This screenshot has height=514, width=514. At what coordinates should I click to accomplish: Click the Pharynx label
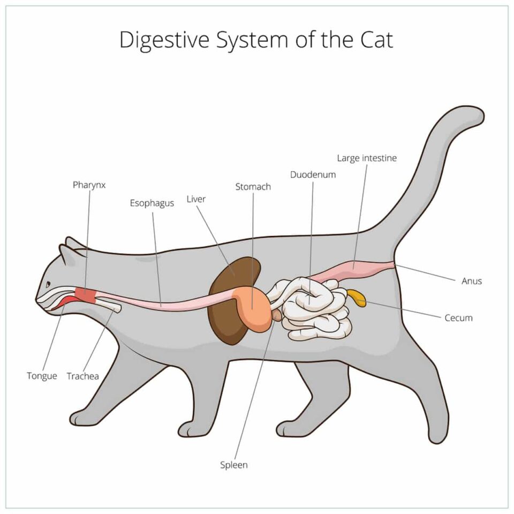pyautogui.click(x=89, y=185)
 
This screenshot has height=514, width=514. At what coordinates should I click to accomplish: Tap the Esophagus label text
pyautogui.click(x=152, y=203)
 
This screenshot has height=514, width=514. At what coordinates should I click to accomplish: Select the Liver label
pyautogui.click(x=196, y=199)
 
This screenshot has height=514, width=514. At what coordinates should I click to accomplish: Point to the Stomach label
pyautogui.click(x=253, y=187)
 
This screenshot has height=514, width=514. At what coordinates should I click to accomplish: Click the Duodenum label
pyautogui.click(x=313, y=175)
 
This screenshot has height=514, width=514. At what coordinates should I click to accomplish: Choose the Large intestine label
pyautogui.click(x=367, y=158)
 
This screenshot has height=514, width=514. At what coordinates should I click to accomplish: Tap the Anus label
pyautogui.click(x=472, y=281)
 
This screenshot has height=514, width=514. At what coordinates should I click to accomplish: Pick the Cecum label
pyautogui.click(x=459, y=318)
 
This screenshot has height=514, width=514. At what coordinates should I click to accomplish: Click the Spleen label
pyautogui.click(x=234, y=465)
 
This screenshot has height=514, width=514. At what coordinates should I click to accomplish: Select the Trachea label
pyautogui.click(x=83, y=376)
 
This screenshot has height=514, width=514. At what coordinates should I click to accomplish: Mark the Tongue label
pyautogui.click(x=42, y=376)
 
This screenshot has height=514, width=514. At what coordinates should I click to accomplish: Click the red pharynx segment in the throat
pyautogui.click(x=85, y=294)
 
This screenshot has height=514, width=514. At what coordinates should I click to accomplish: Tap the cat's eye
pyautogui.click(x=48, y=284)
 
